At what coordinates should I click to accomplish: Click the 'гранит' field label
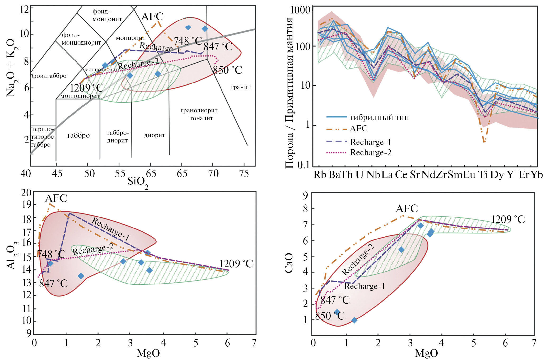(241, 87)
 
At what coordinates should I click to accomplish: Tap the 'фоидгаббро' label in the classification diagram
(49, 76)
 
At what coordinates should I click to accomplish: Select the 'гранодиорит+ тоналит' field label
(201, 114)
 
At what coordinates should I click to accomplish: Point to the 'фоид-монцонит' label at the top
(107, 15)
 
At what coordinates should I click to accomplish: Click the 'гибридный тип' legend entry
(379, 117)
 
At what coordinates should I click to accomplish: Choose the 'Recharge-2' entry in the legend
(371, 152)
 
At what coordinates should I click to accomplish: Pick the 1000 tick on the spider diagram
(300, 10)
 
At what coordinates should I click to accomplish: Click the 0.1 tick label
(303, 165)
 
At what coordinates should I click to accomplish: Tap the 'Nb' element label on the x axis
(373, 175)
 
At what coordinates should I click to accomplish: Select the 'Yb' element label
(537, 175)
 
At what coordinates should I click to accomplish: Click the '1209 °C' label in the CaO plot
(508, 219)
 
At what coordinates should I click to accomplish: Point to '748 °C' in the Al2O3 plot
(51, 254)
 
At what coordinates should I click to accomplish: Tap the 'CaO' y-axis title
(289, 263)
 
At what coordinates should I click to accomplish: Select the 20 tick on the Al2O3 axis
(26, 193)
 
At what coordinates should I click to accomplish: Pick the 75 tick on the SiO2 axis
(244, 174)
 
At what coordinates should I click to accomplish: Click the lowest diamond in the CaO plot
(354, 320)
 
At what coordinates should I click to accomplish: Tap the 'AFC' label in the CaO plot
(407, 209)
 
